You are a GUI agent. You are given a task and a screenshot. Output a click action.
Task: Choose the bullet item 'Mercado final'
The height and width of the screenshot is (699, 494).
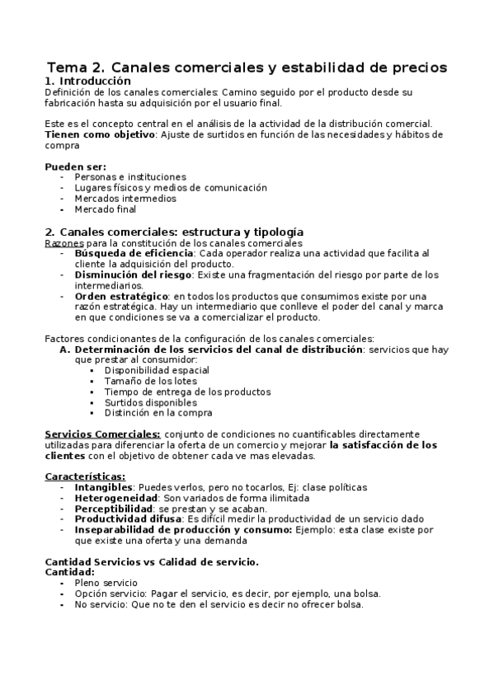click(106, 209)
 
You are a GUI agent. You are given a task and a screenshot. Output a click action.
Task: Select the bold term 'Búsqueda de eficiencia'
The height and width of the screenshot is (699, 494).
click(134, 253)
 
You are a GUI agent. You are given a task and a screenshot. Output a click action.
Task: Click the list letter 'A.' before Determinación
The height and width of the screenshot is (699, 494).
click(65, 349)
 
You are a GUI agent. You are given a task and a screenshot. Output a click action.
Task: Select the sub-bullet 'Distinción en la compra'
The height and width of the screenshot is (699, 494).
click(158, 413)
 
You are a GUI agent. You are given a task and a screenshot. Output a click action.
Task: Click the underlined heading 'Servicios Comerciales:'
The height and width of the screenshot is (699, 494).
click(102, 434)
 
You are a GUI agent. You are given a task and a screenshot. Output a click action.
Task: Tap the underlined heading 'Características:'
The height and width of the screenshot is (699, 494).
click(85, 476)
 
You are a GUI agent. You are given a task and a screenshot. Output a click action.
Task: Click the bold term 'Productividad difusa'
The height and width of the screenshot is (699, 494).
click(128, 519)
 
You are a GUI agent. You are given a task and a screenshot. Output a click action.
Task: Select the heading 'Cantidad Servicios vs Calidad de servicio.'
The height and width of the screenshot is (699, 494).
click(152, 562)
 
